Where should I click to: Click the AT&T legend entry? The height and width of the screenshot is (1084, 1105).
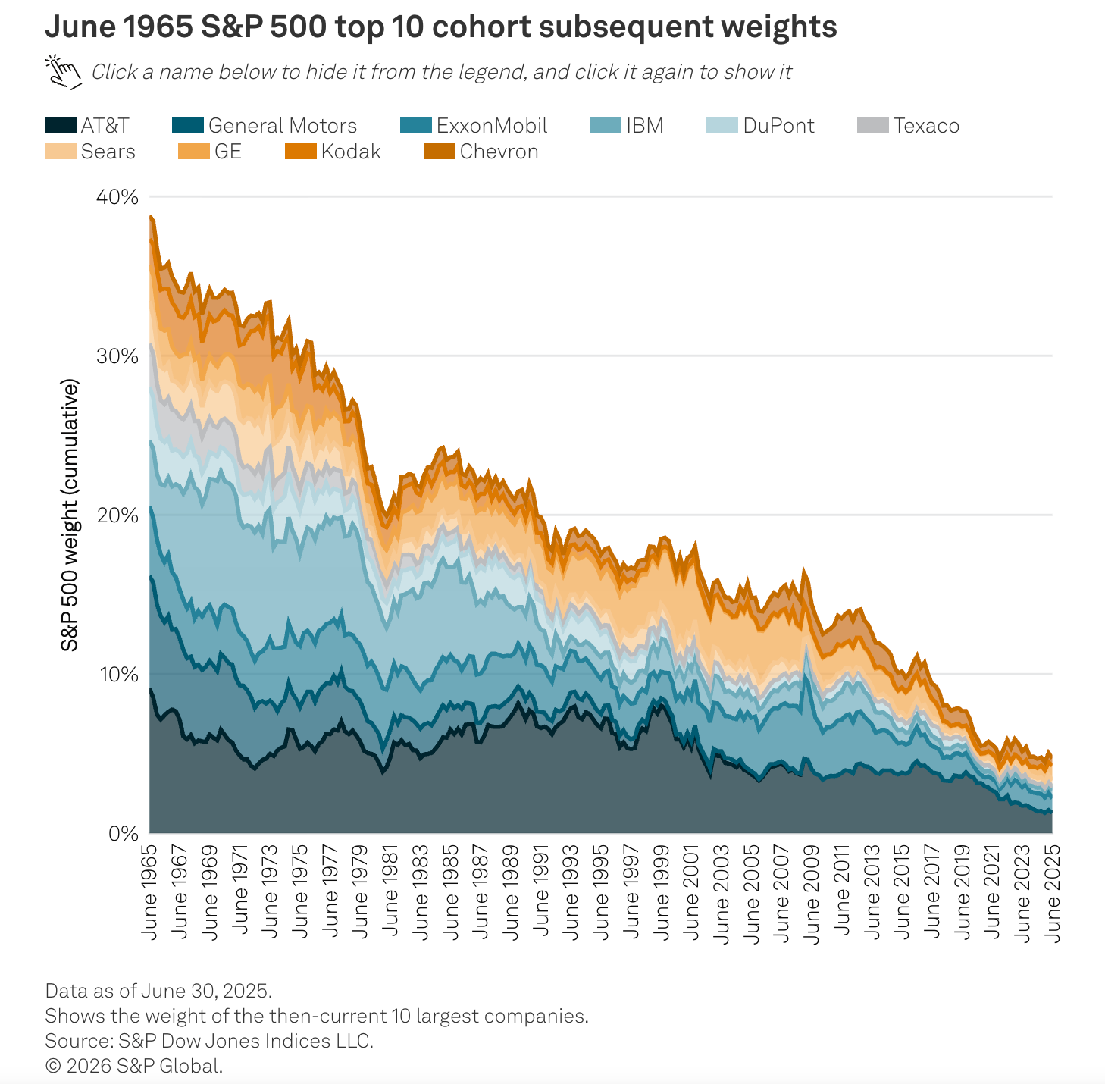pyautogui.click(x=87, y=126)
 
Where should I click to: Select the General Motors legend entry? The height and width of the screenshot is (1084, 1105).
pyautogui.click(x=265, y=126)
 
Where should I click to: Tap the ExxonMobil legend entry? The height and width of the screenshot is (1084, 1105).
pyautogui.click(x=474, y=126)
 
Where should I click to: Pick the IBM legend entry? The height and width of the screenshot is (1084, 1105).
pyautogui.click(x=627, y=126)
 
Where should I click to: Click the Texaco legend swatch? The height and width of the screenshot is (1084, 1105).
pyautogui.click(x=872, y=126)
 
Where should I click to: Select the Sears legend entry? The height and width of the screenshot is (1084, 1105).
pyautogui.click(x=90, y=152)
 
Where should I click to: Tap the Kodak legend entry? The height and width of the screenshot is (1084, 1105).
pyautogui.click(x=333, y=152)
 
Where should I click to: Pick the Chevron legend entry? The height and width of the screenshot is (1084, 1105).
pyautogui.click(x=481, y=152)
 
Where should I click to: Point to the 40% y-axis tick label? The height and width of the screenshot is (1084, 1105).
pyautogui.click(x=117, y=197)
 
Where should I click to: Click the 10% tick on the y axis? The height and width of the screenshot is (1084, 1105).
pyautogui.click(x=117, y=674)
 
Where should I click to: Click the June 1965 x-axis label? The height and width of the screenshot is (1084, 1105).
pyautogui.click(x=150, y=891)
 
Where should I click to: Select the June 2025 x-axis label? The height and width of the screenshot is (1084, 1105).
pyautogui.click(x=1053, y=891)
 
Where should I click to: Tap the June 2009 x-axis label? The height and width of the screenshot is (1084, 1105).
pyautogui.click(x=812, y=891)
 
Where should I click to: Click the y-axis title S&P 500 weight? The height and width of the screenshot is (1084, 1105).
pyautogui.click(x=70, y=515)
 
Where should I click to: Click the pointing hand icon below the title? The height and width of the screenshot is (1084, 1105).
pyautogui.click(x=64, y=71)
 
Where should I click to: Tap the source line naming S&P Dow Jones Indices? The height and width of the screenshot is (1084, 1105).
pyautogui.click(x=209, y=1041)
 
